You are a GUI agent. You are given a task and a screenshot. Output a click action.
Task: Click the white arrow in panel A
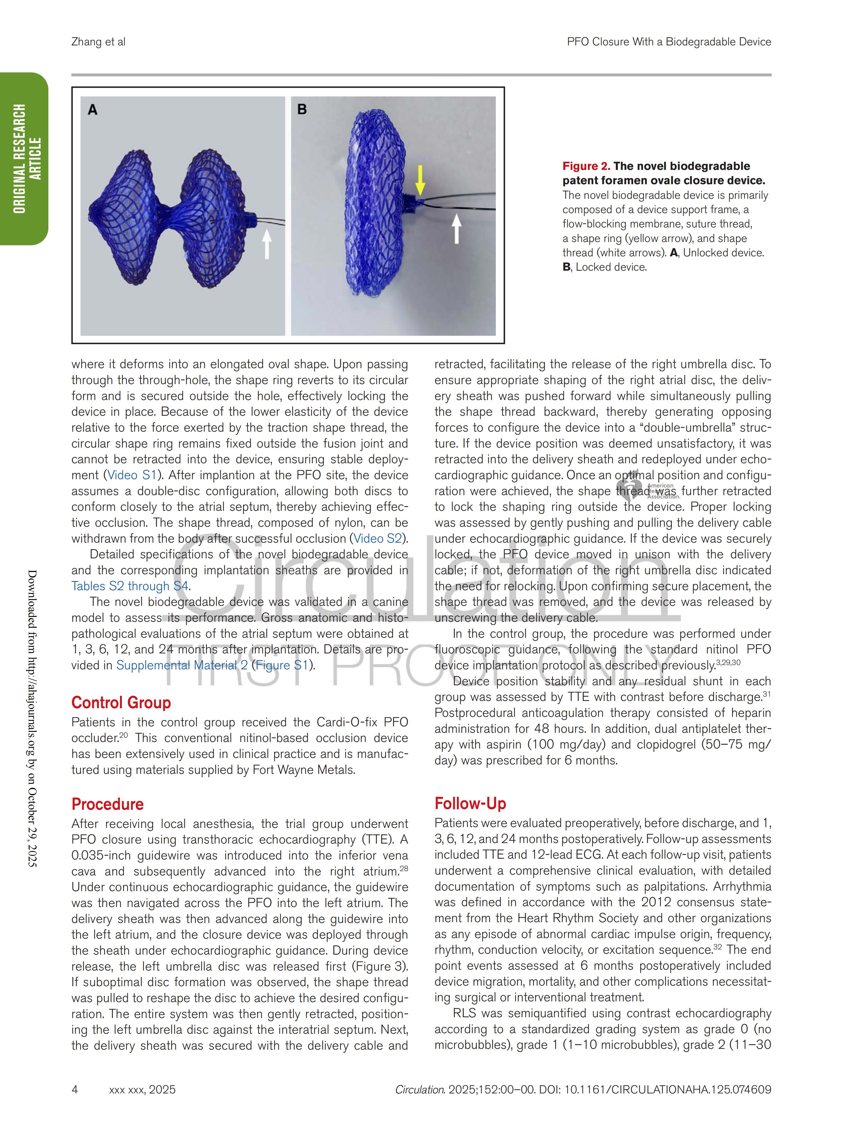pyautogui.click(x=266, y=244)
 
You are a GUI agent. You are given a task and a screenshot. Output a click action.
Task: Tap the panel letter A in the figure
pyautogui.click(x=92, y=110)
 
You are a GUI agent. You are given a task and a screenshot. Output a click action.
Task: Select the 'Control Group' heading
pyautogui.click(x=121, y=703)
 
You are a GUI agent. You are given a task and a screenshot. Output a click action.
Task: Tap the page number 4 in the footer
pyautogui.click(x=75, y=1090)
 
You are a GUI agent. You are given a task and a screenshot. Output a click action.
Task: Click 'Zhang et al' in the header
pyautogui.click(x=98, y=42)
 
